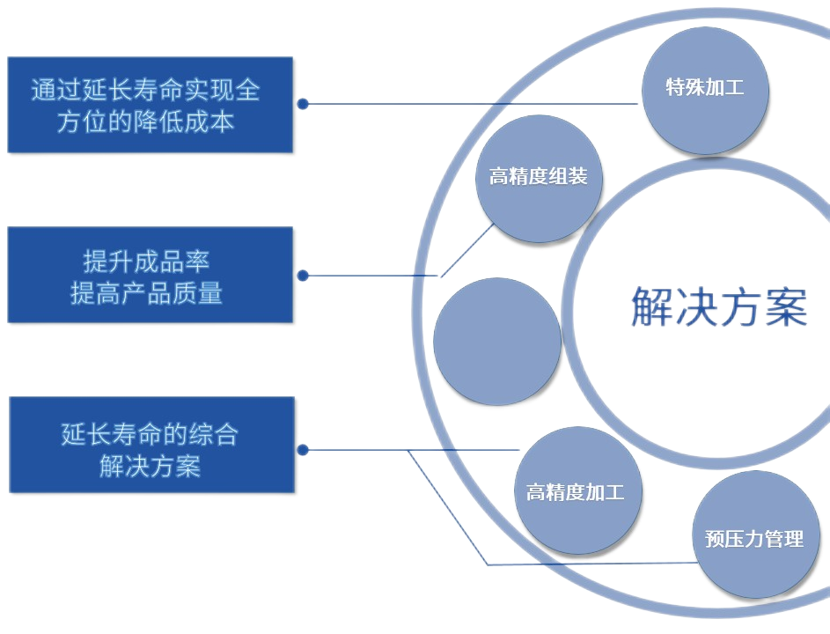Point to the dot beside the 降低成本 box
tap(303, 104)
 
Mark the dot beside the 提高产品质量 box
tap(303, 276)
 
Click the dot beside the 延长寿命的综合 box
tap(303, 449)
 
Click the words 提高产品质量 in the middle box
tap(146, 293)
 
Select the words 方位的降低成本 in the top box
tap(146, 122)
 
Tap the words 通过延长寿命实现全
tap(146, 91)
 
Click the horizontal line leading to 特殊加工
tap(475, 104)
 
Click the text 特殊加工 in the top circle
tap(705, 88)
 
